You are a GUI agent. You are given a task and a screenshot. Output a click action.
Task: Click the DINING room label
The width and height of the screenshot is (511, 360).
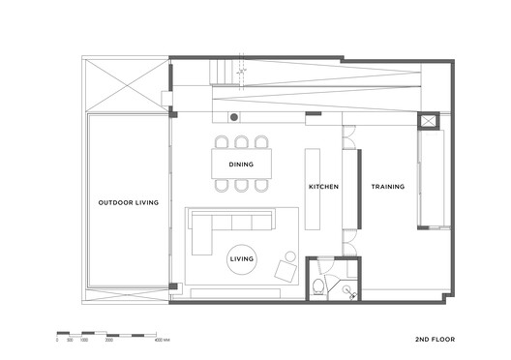click(241, 165)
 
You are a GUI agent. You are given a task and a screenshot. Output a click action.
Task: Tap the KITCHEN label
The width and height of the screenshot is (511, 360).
click(323, 187)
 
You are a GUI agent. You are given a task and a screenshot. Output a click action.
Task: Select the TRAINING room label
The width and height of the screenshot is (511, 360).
click(387, 187)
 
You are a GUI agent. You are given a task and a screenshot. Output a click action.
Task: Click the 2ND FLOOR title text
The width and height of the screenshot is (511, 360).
click(434, 340)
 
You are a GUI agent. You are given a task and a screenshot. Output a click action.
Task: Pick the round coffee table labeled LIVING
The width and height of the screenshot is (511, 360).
click(242, 259)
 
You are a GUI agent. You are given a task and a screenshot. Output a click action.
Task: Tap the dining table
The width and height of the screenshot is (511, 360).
click(241, 165)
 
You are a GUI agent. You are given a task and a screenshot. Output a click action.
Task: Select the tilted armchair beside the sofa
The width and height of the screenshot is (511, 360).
click(286, 269)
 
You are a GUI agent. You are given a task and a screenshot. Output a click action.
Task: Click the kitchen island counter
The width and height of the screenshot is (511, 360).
click(312, 189)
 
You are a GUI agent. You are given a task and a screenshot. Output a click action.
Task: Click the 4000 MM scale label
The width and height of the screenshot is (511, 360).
click(162, 341)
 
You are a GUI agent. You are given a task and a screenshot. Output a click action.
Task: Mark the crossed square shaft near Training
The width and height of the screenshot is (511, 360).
click(427, 122)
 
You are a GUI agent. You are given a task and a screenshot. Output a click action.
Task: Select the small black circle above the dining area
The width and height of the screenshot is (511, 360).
click(233, 117)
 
